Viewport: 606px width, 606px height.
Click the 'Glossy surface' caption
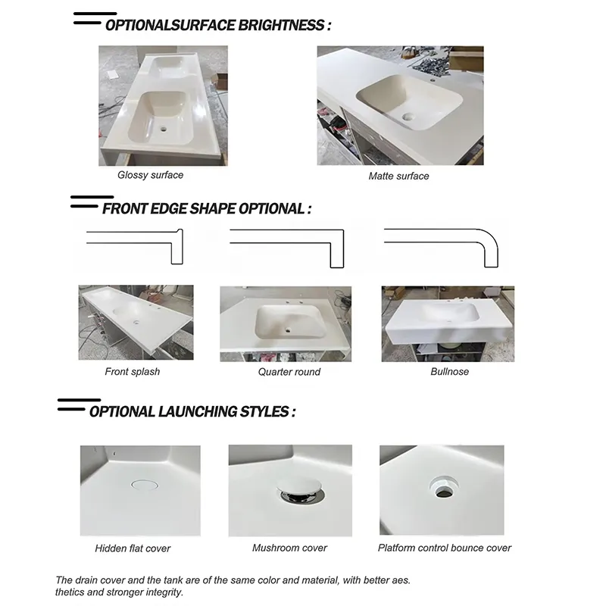click(x=150, y=175)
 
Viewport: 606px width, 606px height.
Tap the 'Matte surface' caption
click(x=398, y=176)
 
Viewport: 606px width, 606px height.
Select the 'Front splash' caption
click(x=132, y=372)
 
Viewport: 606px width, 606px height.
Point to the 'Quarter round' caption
click(x=289, y=372)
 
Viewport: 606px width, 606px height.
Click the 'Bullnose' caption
click(x=449, y=372)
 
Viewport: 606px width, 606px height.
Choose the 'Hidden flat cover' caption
click(x=133, y=548)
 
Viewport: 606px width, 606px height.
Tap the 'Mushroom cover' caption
click(x=289, y=548)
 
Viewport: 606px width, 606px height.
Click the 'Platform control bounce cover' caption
click(x=445, y=548)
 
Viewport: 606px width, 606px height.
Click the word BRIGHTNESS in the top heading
click(x=281, y=26)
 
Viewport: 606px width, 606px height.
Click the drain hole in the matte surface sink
click(x=408, y=117)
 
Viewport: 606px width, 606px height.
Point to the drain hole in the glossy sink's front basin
click(x=163, y=129)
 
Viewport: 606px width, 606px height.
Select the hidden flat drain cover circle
click(x=145, y=485)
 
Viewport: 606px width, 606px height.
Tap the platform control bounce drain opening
click(x=444, y=488)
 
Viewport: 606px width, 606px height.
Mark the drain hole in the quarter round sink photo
click(x=288, y=330)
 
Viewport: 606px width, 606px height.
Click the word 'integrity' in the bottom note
click(x=165, y=592)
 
